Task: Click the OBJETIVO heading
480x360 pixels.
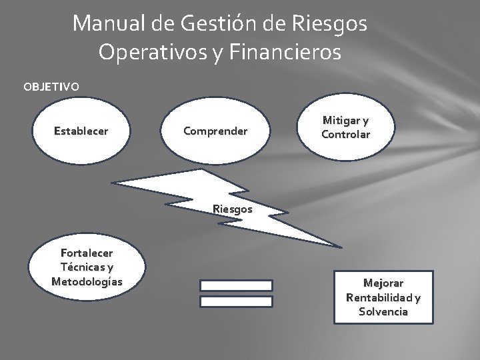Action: click(x=51, y=87)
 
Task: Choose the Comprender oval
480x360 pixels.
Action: click(x=215, y=131)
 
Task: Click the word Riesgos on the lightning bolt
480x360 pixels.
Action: click(x=233, y=208)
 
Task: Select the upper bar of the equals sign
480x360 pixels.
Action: click(x=237, y=285)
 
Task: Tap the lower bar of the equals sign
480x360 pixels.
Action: click(x=237, y=301)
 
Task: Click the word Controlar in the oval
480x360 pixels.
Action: click(x=345, y=135)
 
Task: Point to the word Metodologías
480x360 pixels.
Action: click(x=87, y=281)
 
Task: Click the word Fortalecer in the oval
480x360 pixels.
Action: click(x=87, y=253)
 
